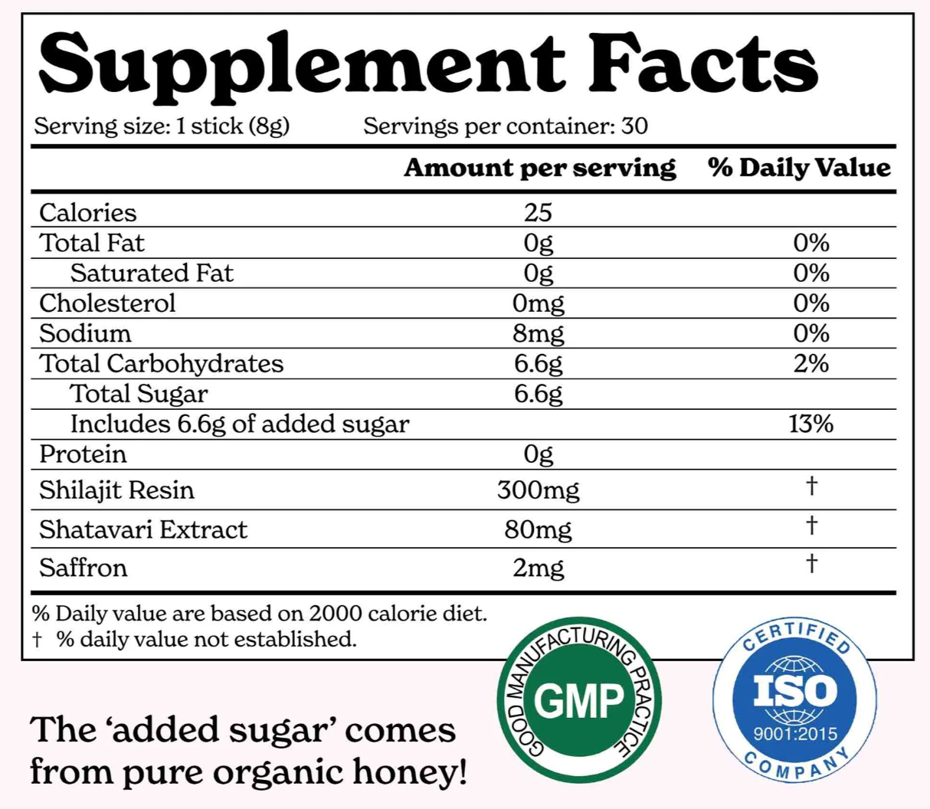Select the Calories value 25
[538, 212]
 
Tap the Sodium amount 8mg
[538, 333]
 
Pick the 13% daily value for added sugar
[810, 424]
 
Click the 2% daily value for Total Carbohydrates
[810, 363]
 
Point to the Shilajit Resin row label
[116, 490]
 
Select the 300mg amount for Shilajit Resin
[538, 490]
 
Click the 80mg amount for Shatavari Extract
[538, 529]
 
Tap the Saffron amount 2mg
[538, 568]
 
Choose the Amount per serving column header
[539, 168]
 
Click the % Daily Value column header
[799, 168]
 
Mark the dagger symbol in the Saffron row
[811, 564]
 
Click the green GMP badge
[579, 700]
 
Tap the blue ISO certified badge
[795, 699]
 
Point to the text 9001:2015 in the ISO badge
[795, 734]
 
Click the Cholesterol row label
[107, 303]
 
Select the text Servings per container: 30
[506, 126]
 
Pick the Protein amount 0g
[538, 454]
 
